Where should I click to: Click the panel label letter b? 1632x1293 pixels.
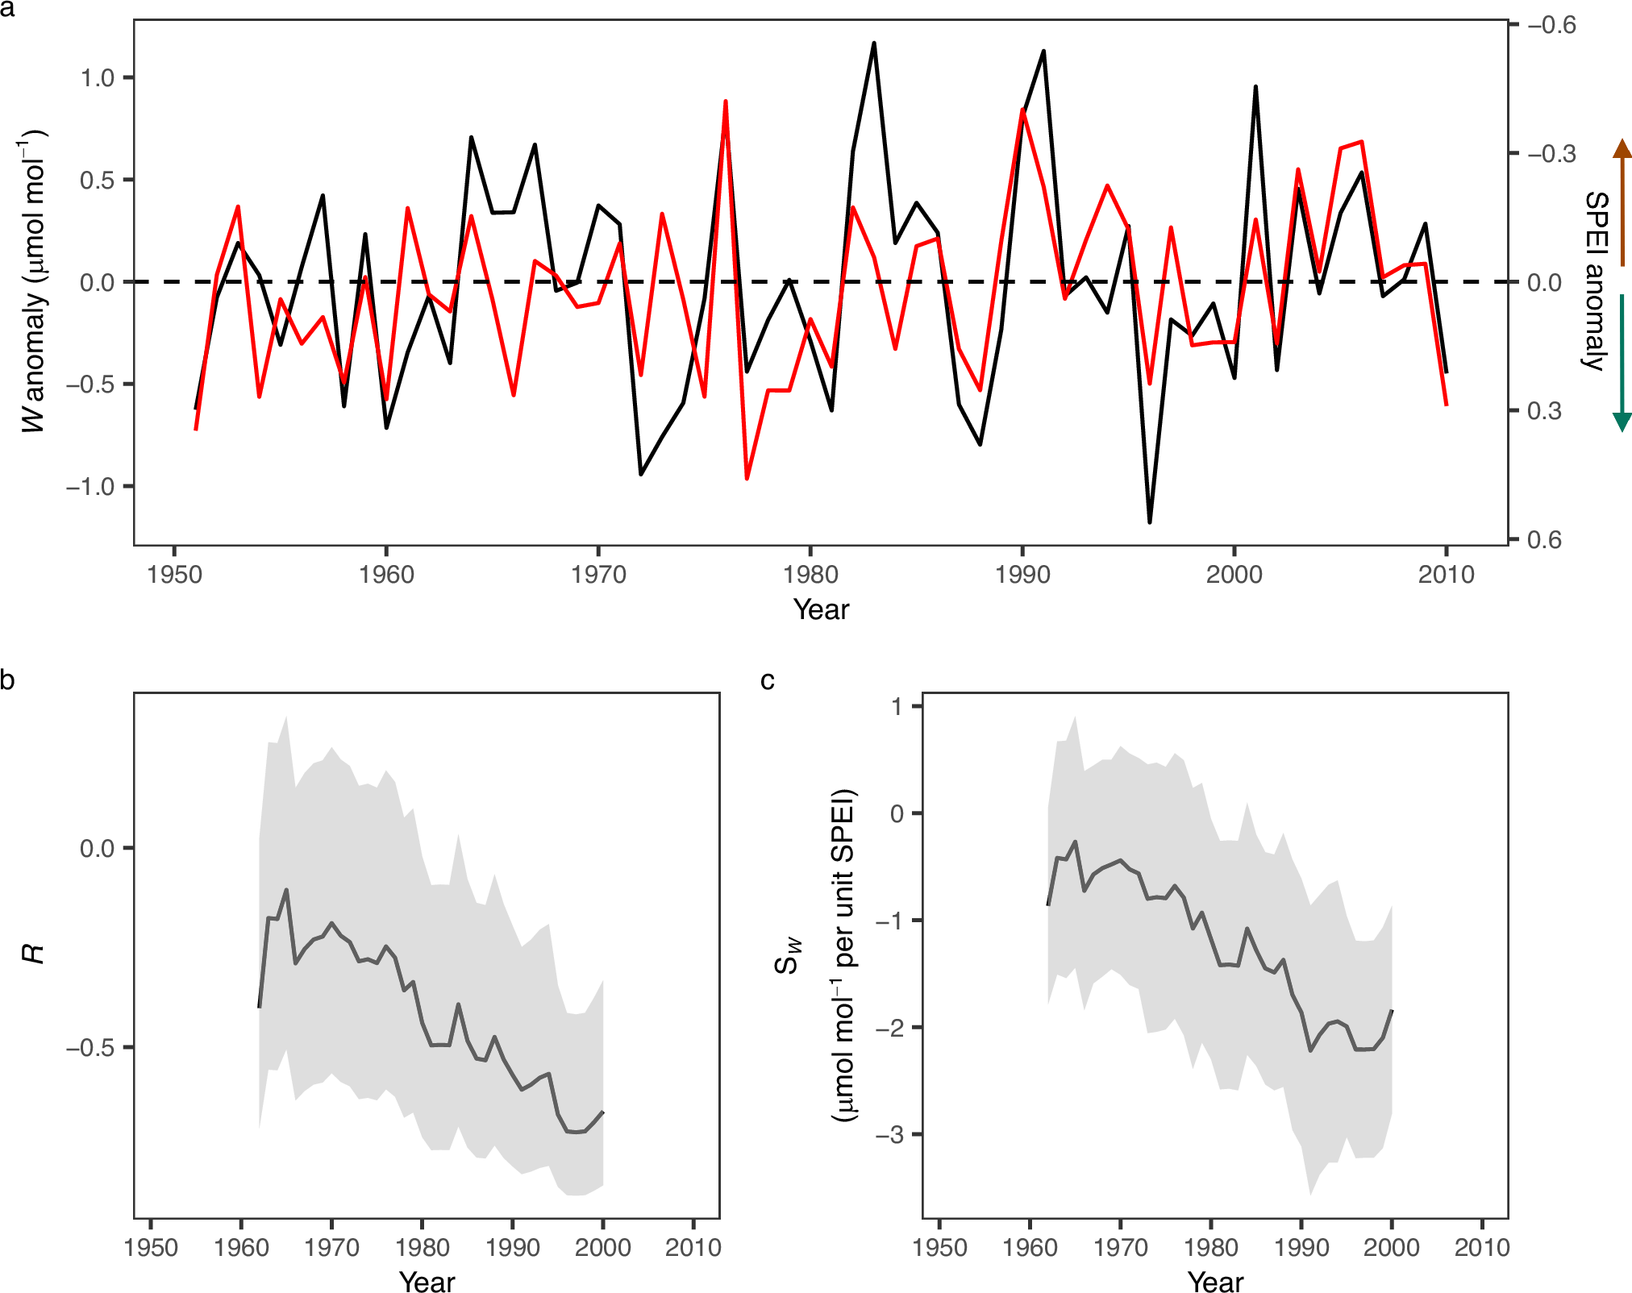click(x=7, y=680)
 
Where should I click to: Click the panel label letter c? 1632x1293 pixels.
click(x=767, y=681)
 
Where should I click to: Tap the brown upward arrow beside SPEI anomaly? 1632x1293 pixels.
click(x=1622, y=202)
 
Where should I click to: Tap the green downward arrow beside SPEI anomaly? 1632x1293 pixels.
click(x=1622, y=363)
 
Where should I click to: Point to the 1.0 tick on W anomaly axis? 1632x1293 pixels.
click(x=97, y=78)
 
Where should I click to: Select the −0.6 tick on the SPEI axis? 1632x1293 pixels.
click(x=1551, y=25)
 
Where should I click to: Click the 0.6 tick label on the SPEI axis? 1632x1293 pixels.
click(x=1544, y=539)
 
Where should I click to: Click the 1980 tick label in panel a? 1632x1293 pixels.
click(x=810, y=575)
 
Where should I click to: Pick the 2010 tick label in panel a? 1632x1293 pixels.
click(x=1446, y=575)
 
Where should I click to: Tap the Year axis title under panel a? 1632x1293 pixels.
click(x=821, y=610)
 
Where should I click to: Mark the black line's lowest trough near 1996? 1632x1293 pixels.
click(x=1150, y=522)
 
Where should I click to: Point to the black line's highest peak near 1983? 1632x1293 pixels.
click(x=874, y=44)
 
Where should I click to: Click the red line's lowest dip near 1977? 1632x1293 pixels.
click(x=747, y=478)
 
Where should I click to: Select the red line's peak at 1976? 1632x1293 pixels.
click(x=726, y=102)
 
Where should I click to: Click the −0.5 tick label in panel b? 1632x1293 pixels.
click(x=90, y=1048)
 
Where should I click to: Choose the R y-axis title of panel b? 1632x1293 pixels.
click(x=33, y=954)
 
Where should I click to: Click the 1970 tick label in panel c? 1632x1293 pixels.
click(x=1120, y=1248)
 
